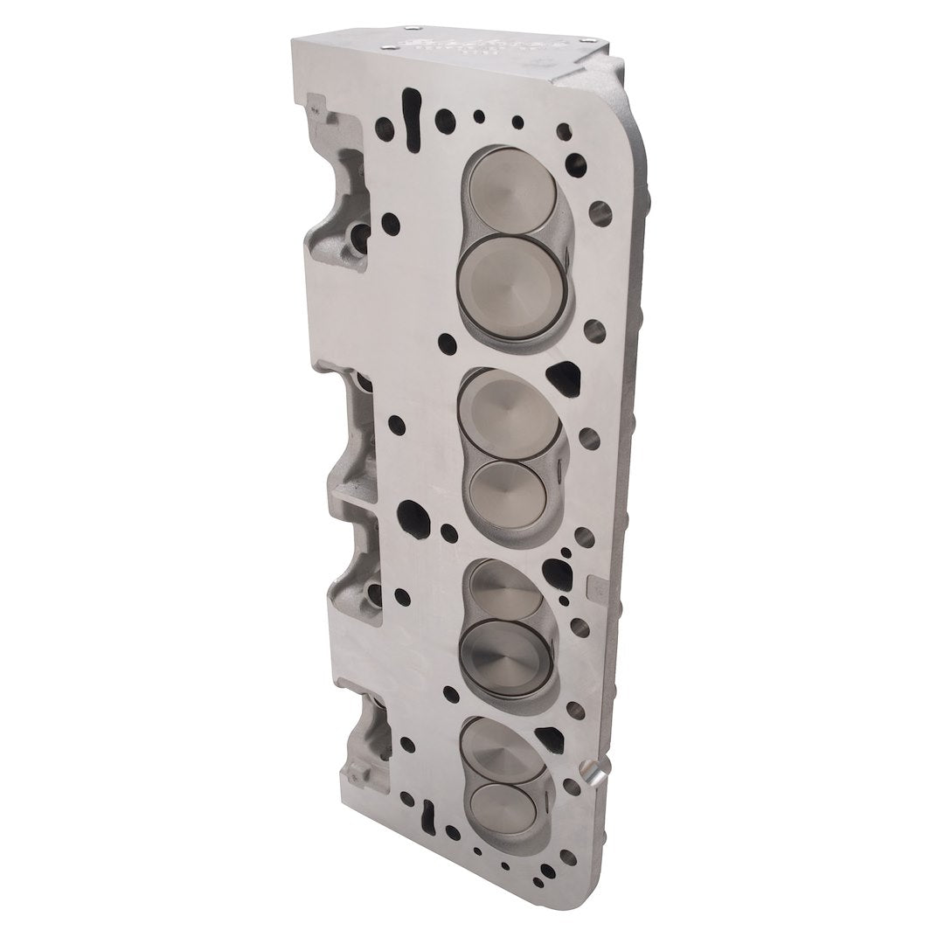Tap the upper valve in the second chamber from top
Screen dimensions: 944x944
coord(510,415)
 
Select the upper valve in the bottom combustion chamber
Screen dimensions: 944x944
coord(501,747)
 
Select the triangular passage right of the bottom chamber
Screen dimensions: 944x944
coord(547,737)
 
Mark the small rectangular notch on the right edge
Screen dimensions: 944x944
coord(598,581)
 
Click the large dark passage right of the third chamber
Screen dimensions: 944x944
coord(557,574)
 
